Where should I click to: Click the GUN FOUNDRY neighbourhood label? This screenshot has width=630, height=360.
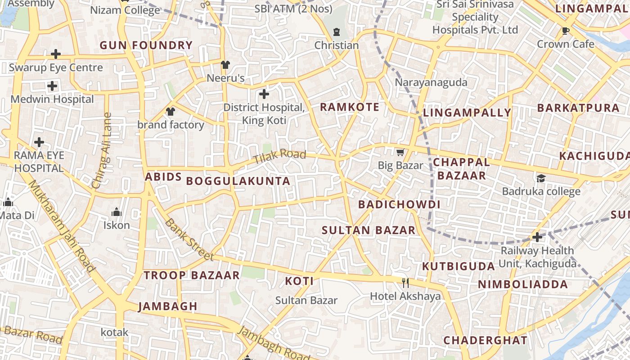146,45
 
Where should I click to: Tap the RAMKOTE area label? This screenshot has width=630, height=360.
350,107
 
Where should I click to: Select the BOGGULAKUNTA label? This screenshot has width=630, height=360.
238,181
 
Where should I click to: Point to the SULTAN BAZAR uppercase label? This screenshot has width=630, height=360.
369,230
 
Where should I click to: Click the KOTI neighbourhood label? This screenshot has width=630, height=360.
299,281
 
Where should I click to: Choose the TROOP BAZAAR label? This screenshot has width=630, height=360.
192,275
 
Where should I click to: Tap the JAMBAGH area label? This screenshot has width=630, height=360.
168,306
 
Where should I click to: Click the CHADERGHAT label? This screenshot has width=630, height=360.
486,340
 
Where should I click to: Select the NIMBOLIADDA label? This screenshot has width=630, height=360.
523,284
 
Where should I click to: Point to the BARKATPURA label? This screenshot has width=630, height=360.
579,108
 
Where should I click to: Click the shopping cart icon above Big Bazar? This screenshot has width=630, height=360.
400,153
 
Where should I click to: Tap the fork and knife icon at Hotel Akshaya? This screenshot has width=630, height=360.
405,283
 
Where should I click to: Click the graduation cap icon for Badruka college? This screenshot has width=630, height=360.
541,178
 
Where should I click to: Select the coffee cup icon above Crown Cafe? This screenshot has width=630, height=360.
566,31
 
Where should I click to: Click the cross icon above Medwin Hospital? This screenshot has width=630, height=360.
52,85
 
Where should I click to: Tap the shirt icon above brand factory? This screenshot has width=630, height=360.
170,111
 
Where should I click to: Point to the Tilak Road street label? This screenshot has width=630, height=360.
279,157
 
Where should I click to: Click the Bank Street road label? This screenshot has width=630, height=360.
189,239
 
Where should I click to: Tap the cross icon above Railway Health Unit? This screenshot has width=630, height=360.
537,237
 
